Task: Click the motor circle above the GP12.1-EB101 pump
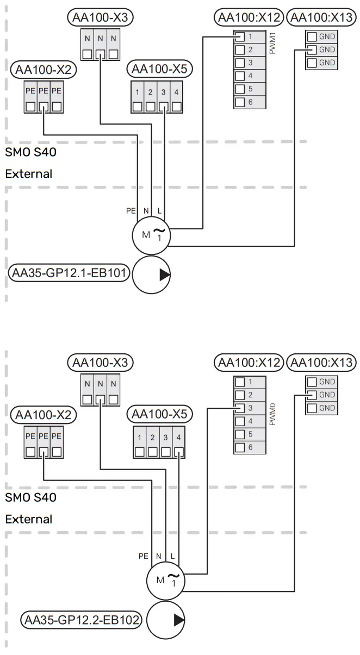pyautogui.click(x=151, y=234)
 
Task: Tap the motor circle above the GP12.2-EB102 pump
pyautogui.click(x=165, y=579)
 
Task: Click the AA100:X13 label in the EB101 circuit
pyautogui.click(x=321, y=18)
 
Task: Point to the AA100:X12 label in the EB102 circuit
pyautogui.click(x=249, y=362)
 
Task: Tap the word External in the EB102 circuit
pyautogui.click(x=29, y=519)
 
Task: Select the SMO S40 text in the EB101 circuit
pyautogui.click(x=30, y=152)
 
